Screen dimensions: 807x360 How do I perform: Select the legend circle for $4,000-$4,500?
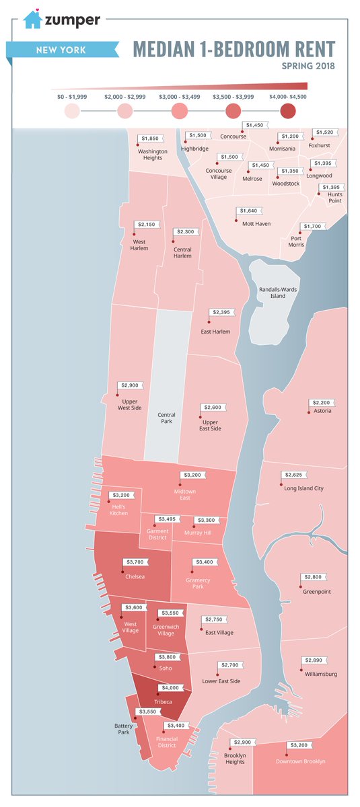tap(289, 111)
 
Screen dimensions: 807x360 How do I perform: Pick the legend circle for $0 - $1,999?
tap(72, 111)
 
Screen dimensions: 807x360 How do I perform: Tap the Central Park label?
tap(166, 418)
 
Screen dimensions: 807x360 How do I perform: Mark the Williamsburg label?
tap(320, 673)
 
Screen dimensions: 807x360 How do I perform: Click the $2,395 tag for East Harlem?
tap(223, 313)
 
